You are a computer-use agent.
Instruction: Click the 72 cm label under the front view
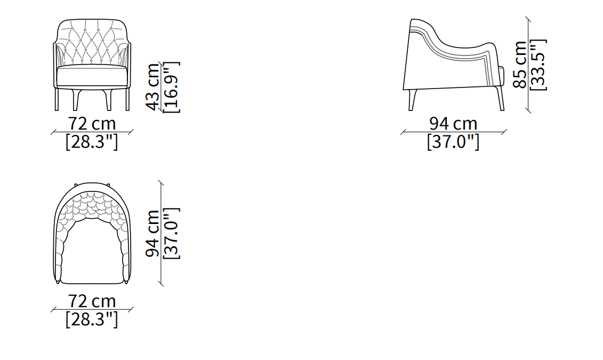point(92,123)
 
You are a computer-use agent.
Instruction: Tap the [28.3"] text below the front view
point(92,141)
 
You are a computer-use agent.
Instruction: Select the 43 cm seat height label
point(153,87)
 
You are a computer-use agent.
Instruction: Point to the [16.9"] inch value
point(172,87)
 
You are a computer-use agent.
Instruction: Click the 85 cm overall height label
point(520,64)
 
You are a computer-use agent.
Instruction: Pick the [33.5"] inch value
point(538,65)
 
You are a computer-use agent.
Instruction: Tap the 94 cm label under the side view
point(453,123)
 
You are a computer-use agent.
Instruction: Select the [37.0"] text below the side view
point(453,141)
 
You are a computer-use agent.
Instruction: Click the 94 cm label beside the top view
point(153,233)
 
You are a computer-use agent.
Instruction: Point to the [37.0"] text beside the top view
point(172,233)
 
